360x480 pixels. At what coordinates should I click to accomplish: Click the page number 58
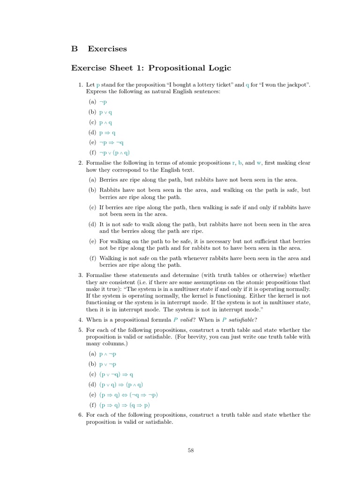[190, 450]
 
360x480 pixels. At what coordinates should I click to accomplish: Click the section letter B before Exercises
[74, 49]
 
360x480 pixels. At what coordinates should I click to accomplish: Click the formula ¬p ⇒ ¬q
[112, 142]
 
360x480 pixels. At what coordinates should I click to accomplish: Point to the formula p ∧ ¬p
[108, 354]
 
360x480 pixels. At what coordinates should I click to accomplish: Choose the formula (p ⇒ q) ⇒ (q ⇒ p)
[125, 405]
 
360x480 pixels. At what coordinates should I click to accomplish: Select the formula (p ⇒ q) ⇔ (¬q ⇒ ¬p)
[128, 395]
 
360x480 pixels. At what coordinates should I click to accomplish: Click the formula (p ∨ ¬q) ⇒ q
[116, 375]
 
